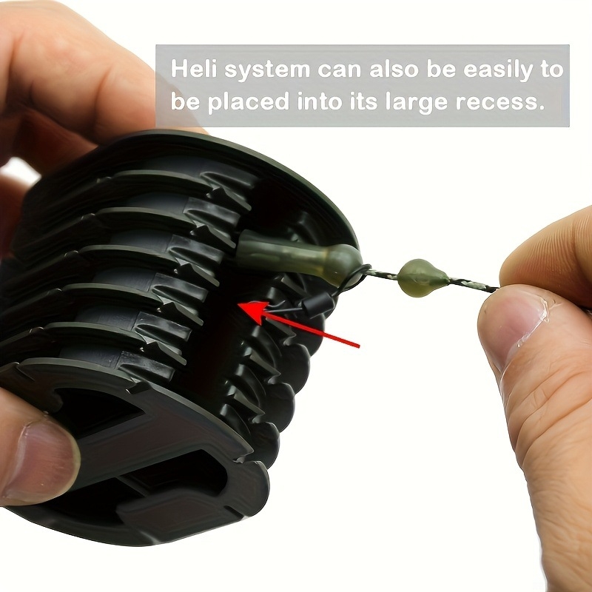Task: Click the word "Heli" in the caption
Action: click(x=194, y=69)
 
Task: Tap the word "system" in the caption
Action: click(x=267, y=70)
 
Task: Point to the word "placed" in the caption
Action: click(x=249, y=102)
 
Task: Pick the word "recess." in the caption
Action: click(x=500, y=103)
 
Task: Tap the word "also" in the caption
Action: click(x=394, y=69)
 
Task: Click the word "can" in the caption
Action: click(x=340, y=70)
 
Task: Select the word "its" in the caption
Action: click(x=363, y=101)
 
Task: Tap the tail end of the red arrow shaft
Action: click(x=359, y=346)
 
